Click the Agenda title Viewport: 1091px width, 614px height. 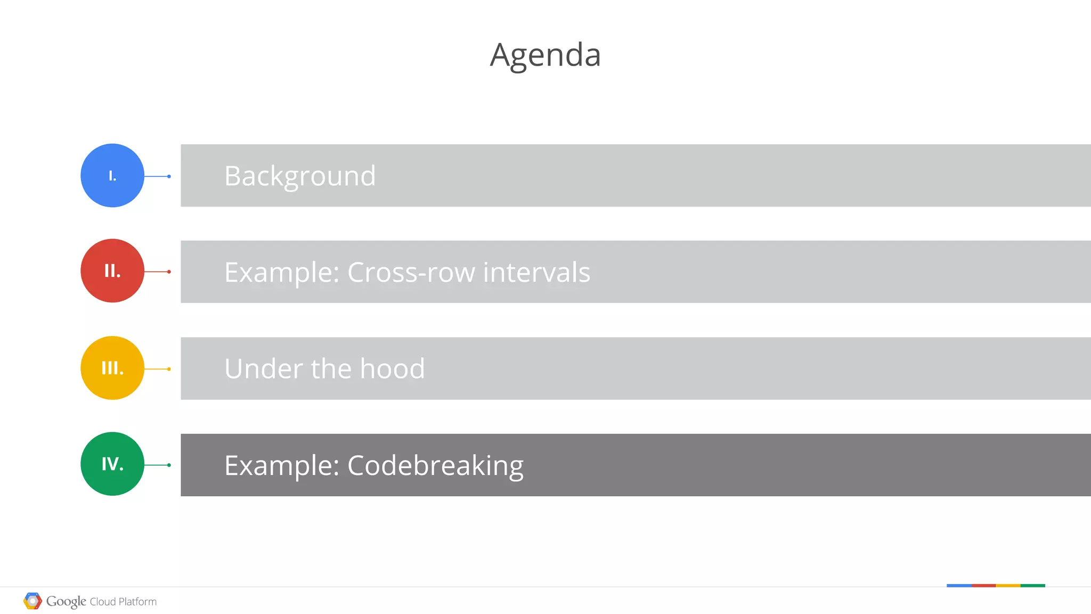point(545,55)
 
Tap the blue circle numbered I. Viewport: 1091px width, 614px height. point(112,175)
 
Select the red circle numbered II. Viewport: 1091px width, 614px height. point(112,271)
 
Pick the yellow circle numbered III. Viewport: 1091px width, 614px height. point(112,368)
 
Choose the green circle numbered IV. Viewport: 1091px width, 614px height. point(112,464)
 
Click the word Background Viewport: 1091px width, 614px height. point(300,176)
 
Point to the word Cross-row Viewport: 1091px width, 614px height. point(411,272)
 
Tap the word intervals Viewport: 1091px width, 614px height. point(536,272)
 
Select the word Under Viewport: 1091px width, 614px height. point(264,369)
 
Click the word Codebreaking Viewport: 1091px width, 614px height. point(435,466)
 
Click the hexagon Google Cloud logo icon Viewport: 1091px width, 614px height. point(32,601)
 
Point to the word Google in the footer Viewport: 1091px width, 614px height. point(66,601)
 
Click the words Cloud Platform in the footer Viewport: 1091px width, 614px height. point(123,602)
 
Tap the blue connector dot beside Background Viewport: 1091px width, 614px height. point(169,176)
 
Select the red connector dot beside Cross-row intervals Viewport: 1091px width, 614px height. point(169,272)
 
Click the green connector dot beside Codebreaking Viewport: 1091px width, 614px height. point(169,465)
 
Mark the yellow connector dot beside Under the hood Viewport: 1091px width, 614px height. point(169,369)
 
